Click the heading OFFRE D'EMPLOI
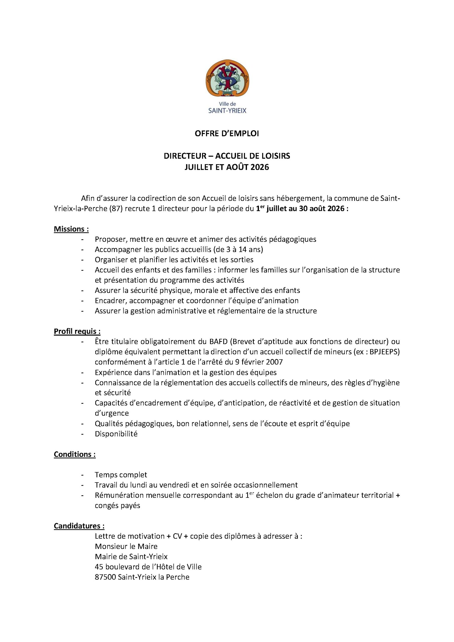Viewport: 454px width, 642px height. click(227, 134)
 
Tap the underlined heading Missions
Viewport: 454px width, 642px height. click(71, 229)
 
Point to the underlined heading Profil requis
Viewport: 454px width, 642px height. click(77, 331)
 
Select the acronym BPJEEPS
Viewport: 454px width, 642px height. click(384, 352)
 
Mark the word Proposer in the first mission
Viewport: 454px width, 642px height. click(110, 239)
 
